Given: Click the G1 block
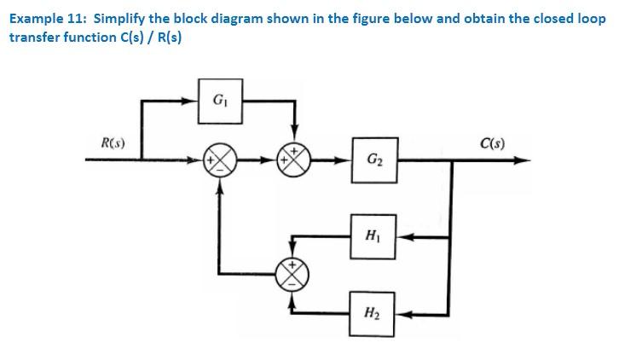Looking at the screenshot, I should (x=219, y=101).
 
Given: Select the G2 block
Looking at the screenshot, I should (x=373, y=160).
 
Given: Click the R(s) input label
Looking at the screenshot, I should (x=113, y=142).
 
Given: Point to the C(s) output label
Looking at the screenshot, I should (x=492, y=142).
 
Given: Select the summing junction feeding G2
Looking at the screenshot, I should (x=295, y=160).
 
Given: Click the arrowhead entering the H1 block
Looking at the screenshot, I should (x=402, y=235).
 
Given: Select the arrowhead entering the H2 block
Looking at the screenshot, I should (x=402, y=312).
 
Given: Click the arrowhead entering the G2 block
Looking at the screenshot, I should (x=347, y=160).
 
